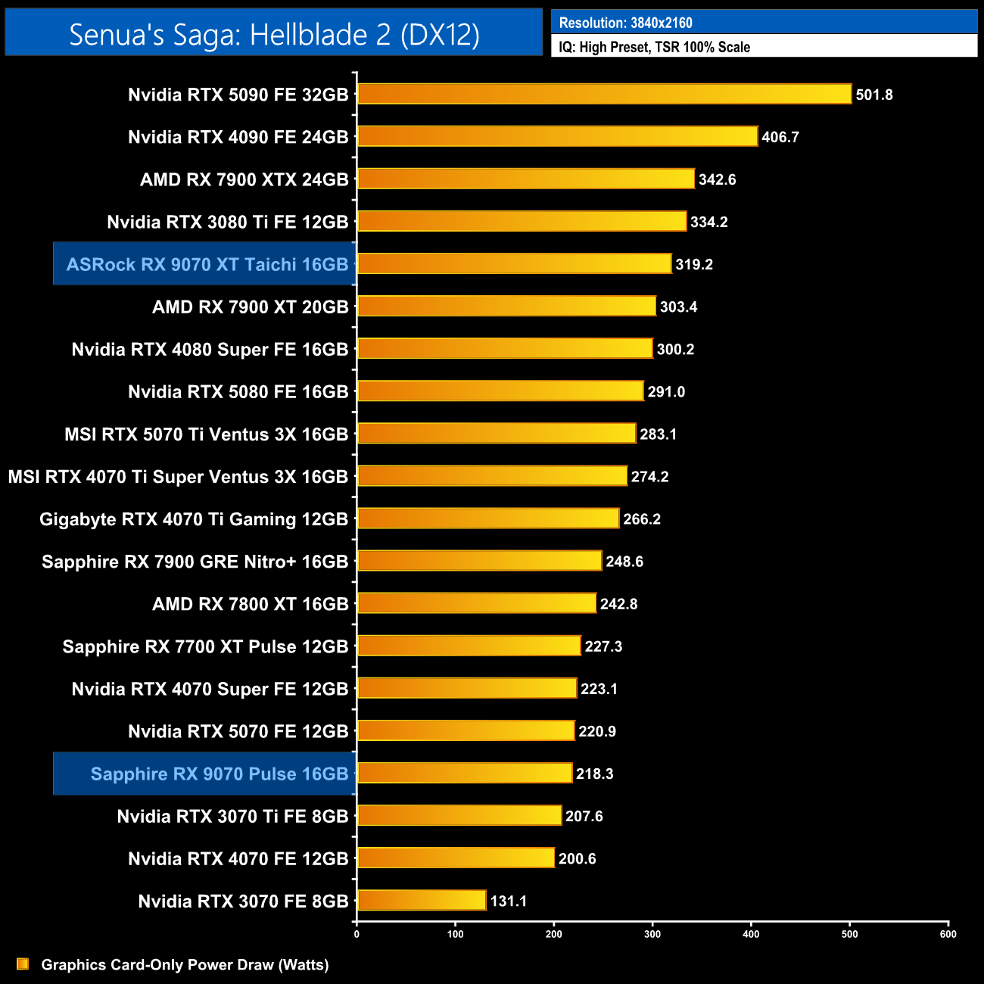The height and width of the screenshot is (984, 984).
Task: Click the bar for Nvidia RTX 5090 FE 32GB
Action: pos(604,94)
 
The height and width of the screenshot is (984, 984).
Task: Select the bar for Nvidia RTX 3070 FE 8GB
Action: pos(422,900)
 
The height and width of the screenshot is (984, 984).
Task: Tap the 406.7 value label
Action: pos(780,137)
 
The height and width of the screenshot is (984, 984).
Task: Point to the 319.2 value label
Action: pos(694,264)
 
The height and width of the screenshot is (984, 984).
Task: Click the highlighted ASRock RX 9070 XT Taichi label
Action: pos(207,264)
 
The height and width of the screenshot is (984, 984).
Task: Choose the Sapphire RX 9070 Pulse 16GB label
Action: pos(219,774)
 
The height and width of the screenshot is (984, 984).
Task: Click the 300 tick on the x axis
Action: pos(652,934)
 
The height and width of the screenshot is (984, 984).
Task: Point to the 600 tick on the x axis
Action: pos(948,934)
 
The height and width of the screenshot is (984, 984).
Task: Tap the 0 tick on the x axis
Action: pos(357,934)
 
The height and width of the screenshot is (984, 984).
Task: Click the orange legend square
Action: pos(23,964)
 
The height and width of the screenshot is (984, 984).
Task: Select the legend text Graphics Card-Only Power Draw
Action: pos(185,964)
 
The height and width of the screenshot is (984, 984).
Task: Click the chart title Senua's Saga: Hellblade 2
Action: pos(274,34)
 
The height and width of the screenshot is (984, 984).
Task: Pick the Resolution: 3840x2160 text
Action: pos(625,23)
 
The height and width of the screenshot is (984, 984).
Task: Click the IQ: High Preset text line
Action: pos(654,47)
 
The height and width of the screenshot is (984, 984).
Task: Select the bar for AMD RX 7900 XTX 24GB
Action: pos(526,179)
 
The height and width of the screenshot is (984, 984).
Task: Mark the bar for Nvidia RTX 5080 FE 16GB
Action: pos(500,391)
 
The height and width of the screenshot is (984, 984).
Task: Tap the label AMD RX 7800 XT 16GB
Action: pos(250,604)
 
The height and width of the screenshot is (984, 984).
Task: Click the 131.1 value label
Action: pos(508,901)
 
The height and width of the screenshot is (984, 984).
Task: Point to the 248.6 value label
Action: pos(624,562)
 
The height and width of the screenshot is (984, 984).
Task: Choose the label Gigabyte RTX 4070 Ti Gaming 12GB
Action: pos(194,519)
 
